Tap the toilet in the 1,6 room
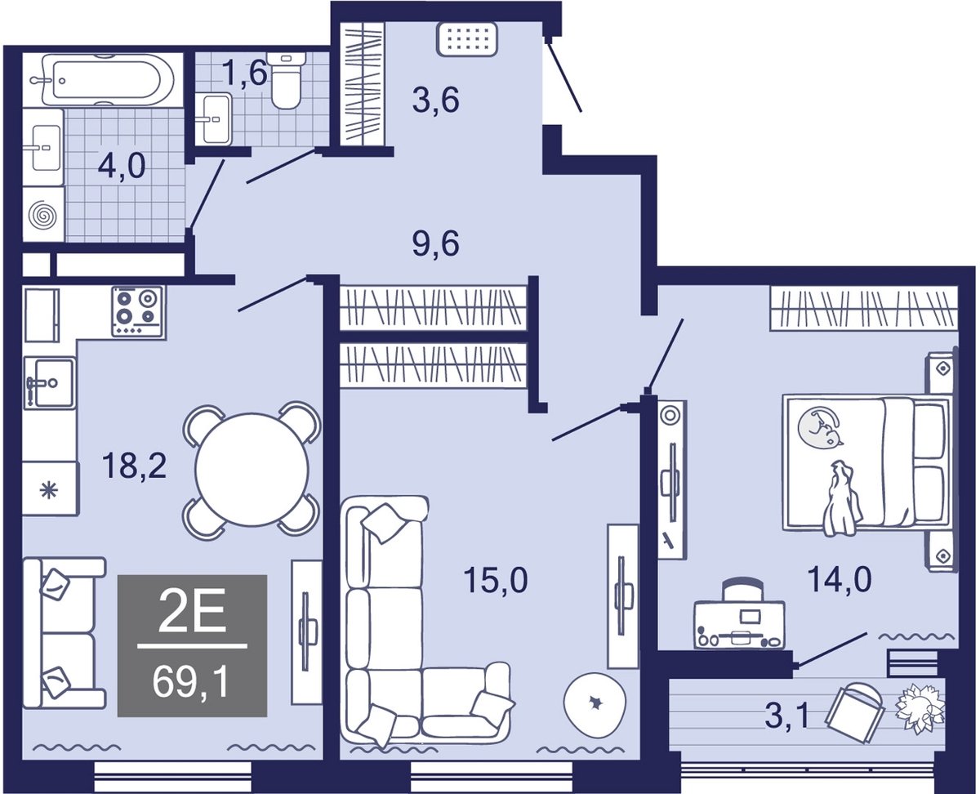(287, 81)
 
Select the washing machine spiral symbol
(42, 215)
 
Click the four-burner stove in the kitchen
(137, 311)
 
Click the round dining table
(252, 470)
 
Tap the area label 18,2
(135, 465)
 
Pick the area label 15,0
(496, 580)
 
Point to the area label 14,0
(840, 579)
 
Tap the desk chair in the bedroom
(743, 590)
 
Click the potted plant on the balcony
(920, 711)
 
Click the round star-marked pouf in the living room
(595, 703)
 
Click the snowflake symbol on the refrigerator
(49, 491)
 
